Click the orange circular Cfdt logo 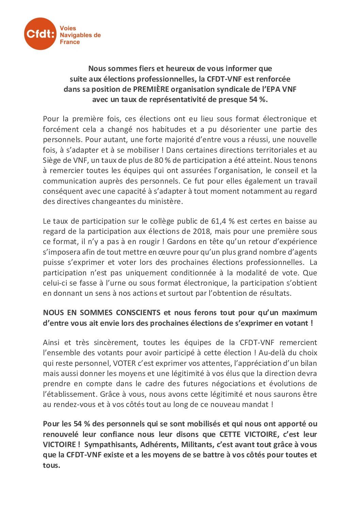coord(40,34)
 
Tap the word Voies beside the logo coord(68,28)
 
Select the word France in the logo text coord(70,42)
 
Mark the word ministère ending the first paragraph coord(165,201)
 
